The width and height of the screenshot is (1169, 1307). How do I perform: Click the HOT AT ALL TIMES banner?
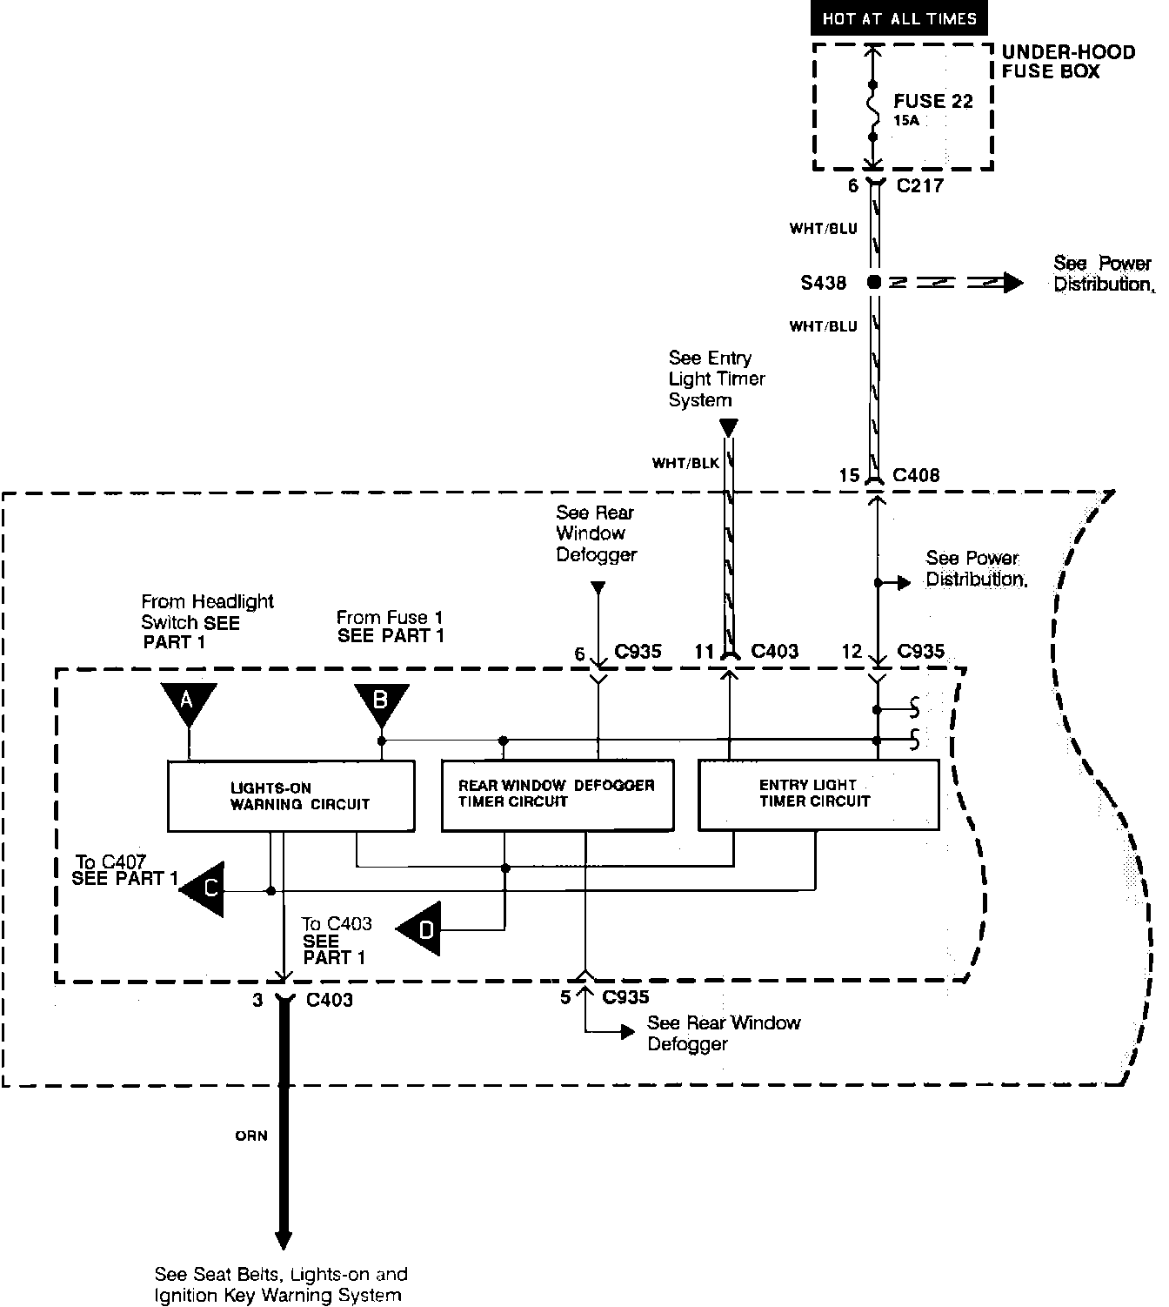899,18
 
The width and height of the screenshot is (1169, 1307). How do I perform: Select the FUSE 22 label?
932,101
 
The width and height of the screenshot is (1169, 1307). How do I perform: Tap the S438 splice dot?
874,283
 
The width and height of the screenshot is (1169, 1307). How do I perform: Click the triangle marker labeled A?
188,701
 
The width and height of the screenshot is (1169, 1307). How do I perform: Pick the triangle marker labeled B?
380,702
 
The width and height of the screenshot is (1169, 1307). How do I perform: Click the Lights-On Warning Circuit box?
291,795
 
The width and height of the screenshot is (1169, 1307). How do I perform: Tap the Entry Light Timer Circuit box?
818,794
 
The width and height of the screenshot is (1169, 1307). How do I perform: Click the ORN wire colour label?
251,1136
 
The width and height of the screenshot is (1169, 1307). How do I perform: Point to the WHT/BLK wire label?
685,463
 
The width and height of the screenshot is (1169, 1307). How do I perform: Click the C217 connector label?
919,185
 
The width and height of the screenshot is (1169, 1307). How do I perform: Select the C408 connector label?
916,475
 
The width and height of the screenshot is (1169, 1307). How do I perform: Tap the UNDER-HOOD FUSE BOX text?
1068,62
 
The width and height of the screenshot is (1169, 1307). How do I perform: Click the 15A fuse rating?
906,121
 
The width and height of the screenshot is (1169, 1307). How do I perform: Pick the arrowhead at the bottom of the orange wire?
283,1240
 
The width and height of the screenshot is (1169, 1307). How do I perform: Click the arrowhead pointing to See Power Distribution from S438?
1012,283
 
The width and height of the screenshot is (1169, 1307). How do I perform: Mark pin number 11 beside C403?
704,651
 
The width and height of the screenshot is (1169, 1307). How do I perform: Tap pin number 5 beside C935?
565,997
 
